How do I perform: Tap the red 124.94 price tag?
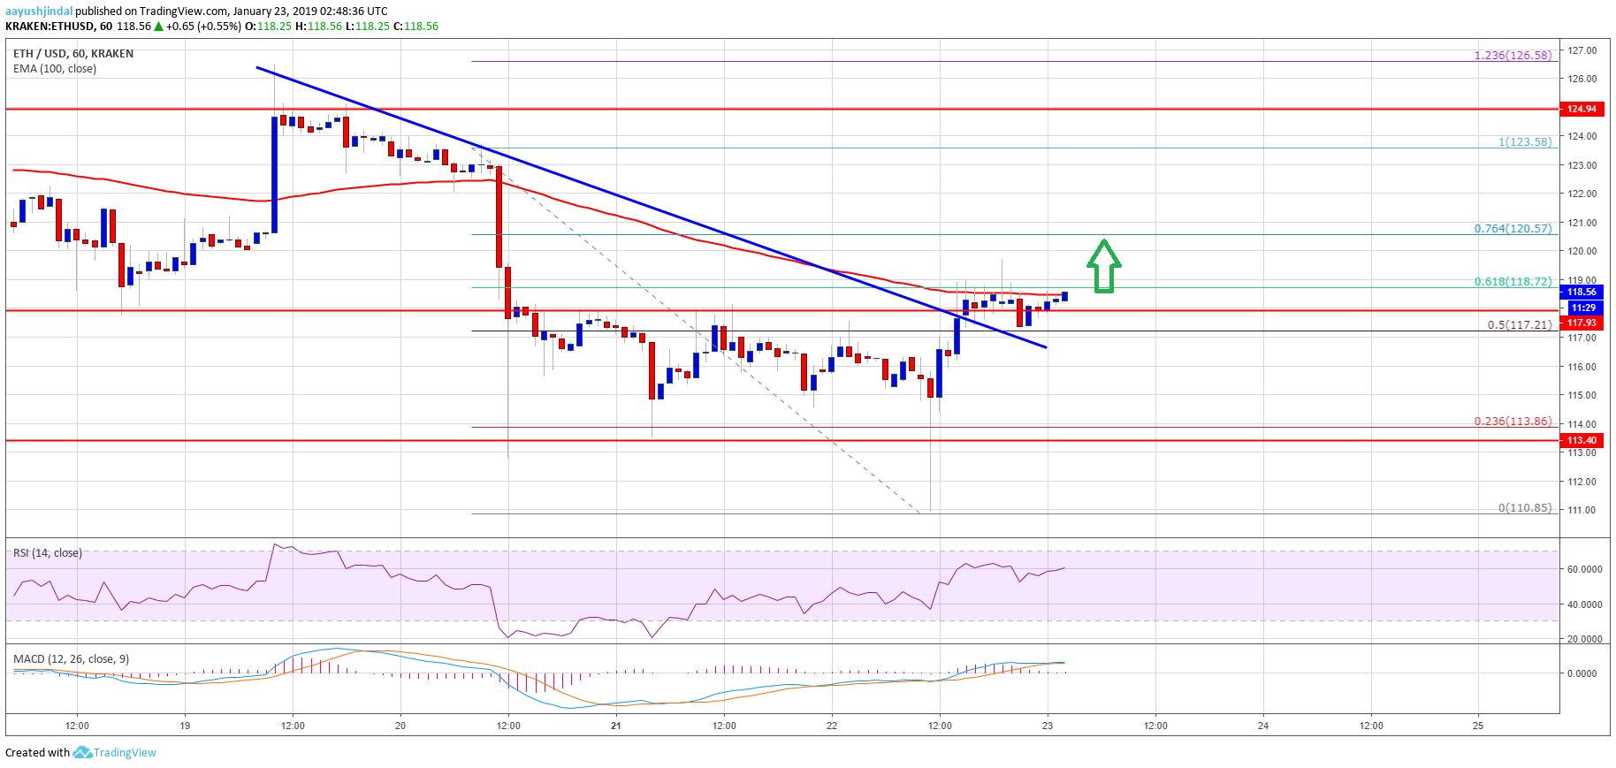coord(1582,109)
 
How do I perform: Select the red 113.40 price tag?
coord(1582,440)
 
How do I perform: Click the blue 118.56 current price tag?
coord(1582,292)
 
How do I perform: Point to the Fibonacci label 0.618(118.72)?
coord(1513,281)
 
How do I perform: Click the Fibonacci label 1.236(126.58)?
coord(1513,55)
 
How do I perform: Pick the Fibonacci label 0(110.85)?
coord(1524,507)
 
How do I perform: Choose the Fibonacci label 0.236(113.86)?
coord(1513,421)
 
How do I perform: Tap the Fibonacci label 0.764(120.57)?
coord(1513,228)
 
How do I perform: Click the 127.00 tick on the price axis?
coord(1582,50)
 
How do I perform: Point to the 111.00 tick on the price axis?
coord(1582,510)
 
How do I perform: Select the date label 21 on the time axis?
coord(616,726)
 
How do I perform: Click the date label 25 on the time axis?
coord(1478,726)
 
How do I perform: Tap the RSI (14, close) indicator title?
coord(48,553)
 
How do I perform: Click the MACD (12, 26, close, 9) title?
coord(71,659)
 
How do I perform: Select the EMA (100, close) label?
coord(55,68)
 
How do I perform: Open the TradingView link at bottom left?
coord(124,753)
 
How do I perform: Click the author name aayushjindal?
coord(39,11)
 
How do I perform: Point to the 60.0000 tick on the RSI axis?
coord(1584,569)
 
